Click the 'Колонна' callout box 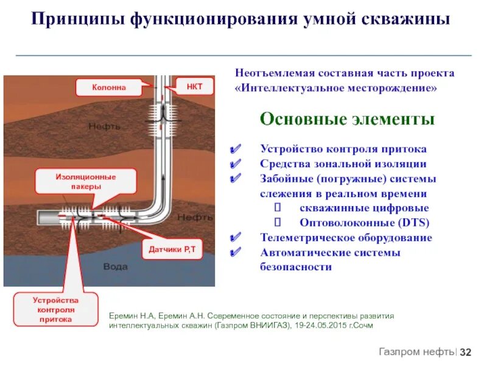(x=110, y=87)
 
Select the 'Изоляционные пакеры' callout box (x=86, y=182)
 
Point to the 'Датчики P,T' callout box (x=172, y=250)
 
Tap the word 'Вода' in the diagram (x=115, y=267)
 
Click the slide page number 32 (x=466, y=353)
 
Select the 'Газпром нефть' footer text (x=416, y=352)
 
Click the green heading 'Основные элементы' (x=347, y=119)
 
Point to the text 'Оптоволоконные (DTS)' (x=364, y=223)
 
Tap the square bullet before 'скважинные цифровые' (x=278, y=208)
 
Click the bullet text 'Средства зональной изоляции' (x=343, y=164)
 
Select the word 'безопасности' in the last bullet (x=296, y=267)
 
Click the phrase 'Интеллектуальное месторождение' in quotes (x=336, y=88)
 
